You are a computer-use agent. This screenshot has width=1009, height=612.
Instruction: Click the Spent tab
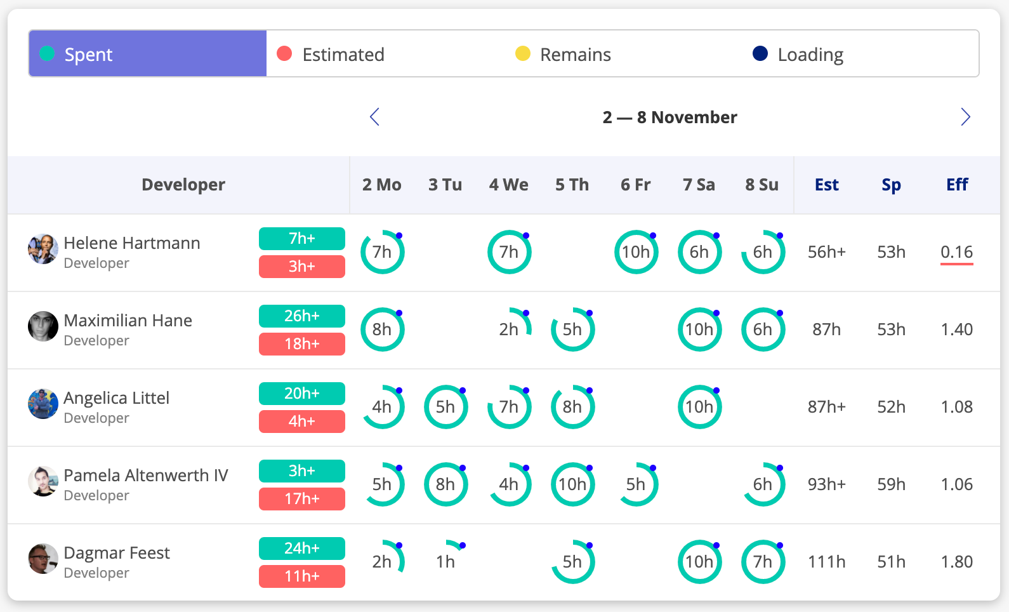tap(147, 54)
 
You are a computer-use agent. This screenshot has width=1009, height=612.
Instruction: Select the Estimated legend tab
tap(343, 55)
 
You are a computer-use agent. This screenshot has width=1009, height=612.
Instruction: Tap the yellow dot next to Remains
tap(522, 54)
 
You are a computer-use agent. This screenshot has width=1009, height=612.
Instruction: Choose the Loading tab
tap(810, 55)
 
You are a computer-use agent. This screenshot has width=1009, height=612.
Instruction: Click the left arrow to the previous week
tap(374, 117)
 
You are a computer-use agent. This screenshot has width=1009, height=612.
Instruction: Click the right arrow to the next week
tap(965, 117)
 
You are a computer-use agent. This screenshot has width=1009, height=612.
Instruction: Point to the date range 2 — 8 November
tap(669, 117)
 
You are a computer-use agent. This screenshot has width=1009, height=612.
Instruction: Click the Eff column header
tap(956, 185)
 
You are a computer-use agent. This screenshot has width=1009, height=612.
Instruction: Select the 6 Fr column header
tap(635, 185)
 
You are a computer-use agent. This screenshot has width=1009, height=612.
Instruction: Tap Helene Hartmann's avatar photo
tap(43, 249)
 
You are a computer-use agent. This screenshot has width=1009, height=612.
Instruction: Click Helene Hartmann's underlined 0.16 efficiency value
tap(956, 252)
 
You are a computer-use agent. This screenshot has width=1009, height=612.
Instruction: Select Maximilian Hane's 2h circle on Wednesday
tap(510, 329)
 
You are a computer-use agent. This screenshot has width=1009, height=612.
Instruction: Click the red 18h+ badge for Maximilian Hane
tap(302, 344)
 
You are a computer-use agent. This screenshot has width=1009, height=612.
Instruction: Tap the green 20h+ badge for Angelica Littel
tap(302, 394)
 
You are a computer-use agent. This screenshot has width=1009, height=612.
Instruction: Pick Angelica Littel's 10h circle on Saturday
tap(699, 407)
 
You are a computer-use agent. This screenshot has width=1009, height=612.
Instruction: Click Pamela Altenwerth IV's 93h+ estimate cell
tap(826, 484)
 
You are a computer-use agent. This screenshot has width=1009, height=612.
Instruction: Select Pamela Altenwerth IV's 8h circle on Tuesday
tap(445, 484)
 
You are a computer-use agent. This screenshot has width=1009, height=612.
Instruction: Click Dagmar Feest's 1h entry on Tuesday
tap(446, 561)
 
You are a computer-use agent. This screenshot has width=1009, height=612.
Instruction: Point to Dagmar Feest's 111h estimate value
tap(826, 562)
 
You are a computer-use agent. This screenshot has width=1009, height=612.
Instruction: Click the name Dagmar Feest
tap(117, 553)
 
